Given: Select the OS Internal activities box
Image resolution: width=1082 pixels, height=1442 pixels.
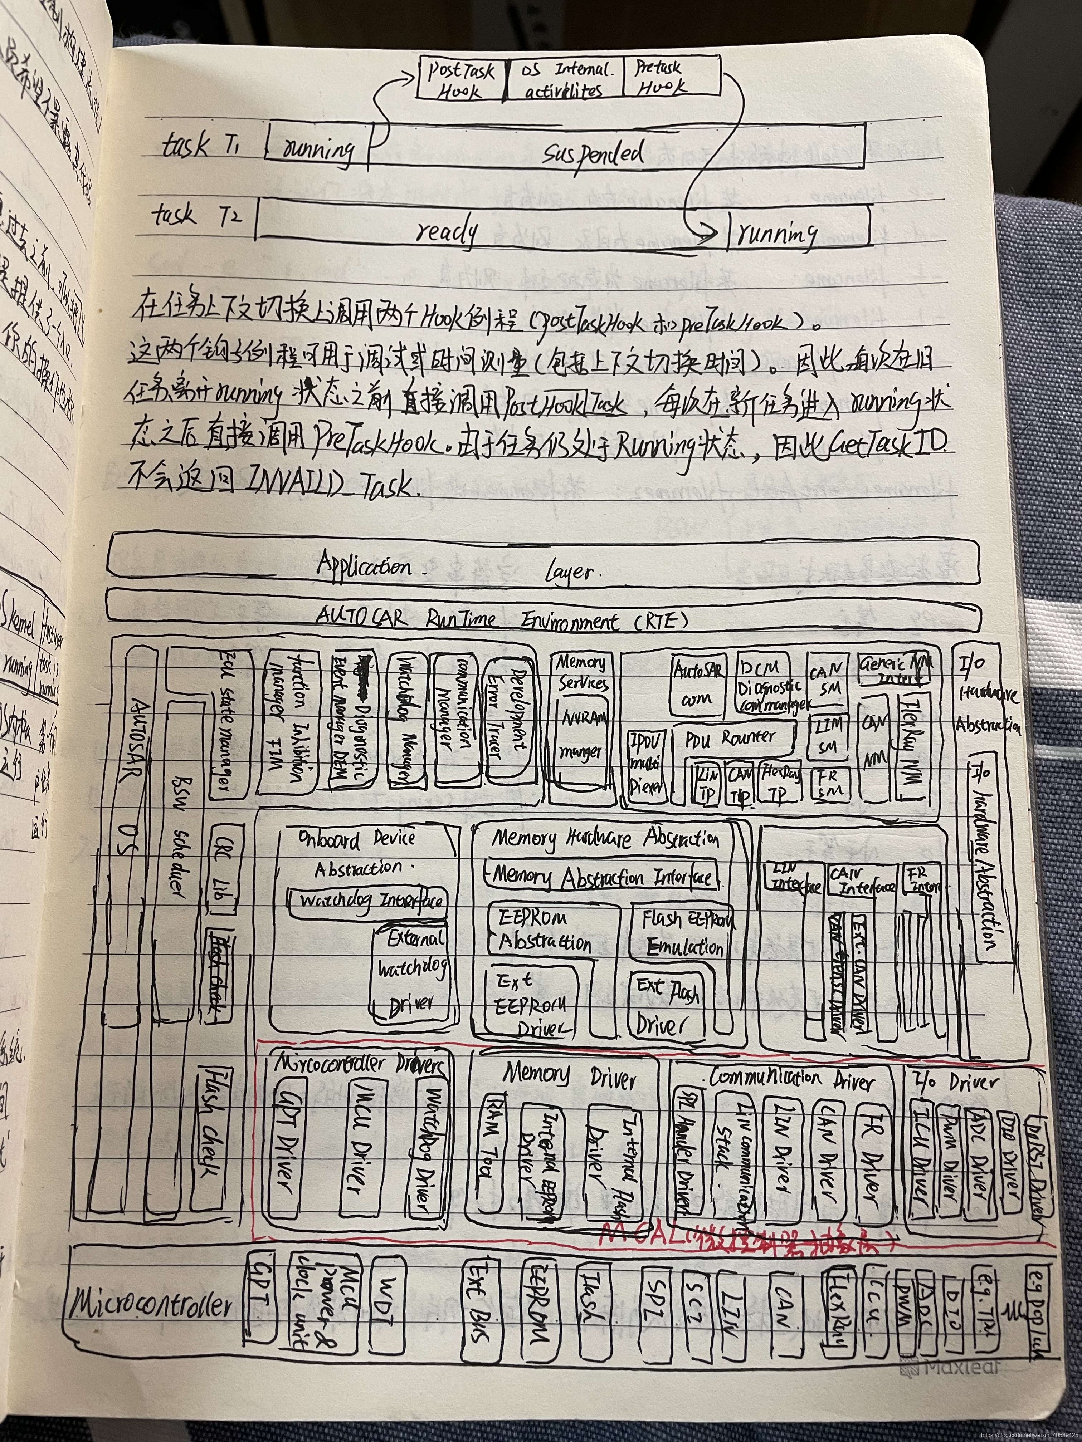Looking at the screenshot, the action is point(565,78).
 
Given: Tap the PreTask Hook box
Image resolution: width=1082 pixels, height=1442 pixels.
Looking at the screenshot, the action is point(671,77).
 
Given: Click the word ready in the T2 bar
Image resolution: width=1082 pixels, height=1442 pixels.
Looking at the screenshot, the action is point(447,231).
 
